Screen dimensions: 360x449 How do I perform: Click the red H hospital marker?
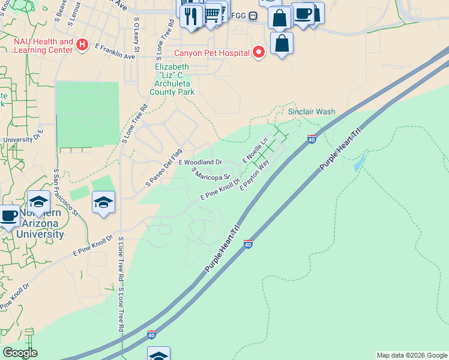pyautogui.click(x=82, y=45)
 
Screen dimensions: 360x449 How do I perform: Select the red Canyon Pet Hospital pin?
pyautogui.click(x=259, y=53)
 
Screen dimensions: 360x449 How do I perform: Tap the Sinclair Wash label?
pyautogui.click(x=312, y=112)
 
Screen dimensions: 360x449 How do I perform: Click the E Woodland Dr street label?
pyautogui.click(x=200, y=162)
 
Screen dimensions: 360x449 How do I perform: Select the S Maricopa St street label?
pyautogui.click(x=211, y=173)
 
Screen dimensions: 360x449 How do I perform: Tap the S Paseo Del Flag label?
pyautogui.click(x=163, y=167)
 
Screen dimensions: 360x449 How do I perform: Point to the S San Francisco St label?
pyautogui.click(x=65, y=192)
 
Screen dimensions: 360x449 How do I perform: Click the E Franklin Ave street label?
pyautogui.click(x=115, y=52)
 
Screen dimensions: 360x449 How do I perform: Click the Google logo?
pyautogui.click(x=19, y=353)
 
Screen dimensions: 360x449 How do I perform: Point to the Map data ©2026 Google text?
pyautogui.click(x=412, y=355)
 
